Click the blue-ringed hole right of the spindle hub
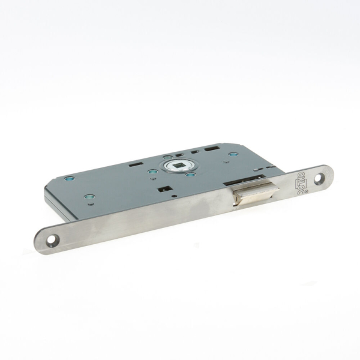190,175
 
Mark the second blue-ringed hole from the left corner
89,196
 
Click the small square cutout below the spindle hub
162,188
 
